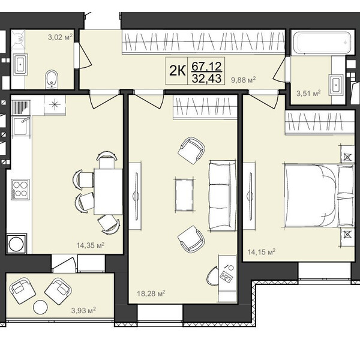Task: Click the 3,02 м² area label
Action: tap(61, 37)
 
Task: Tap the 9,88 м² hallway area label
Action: tap(244, 80)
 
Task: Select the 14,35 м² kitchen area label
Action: tap(91, 245)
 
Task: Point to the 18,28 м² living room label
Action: tap(151, 293)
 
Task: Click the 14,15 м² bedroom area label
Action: tap(262, 252)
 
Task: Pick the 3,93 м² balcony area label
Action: tap(83, 311)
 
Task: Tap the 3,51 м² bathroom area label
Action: tap(308, 94)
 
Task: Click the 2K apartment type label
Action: tap(177, 71)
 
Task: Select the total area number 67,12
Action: tap(206, 67)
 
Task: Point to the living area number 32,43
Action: tap(206, 79)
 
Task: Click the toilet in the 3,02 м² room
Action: tap(52, 79)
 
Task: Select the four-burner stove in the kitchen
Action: tap(20, 190)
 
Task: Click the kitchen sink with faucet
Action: tap(20, 126)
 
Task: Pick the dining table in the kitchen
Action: tap(108, 191)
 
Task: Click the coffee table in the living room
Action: tap(184, 195)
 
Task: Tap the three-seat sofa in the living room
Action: tap(222, 196)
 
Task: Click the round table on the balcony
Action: tap(40, 307)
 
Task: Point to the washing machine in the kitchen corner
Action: tap(17, 244)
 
